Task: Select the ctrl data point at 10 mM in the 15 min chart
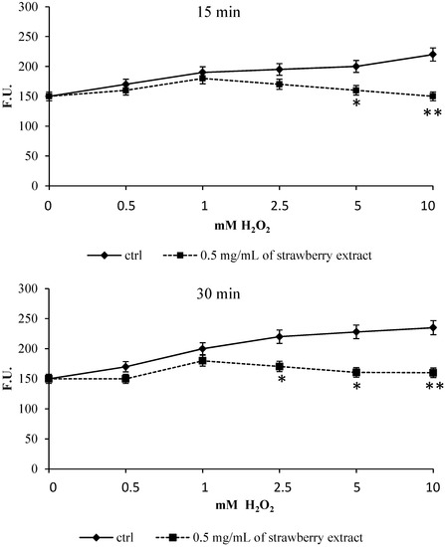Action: tap(432, 55)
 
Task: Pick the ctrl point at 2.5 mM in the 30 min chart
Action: tap(280, 336)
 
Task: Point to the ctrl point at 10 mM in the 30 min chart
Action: tap(432, 327)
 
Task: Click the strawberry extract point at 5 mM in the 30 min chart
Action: tap(355, 373)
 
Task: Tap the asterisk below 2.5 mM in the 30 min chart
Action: tap(281, 382)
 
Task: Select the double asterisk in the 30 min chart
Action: tap(433, 387)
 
